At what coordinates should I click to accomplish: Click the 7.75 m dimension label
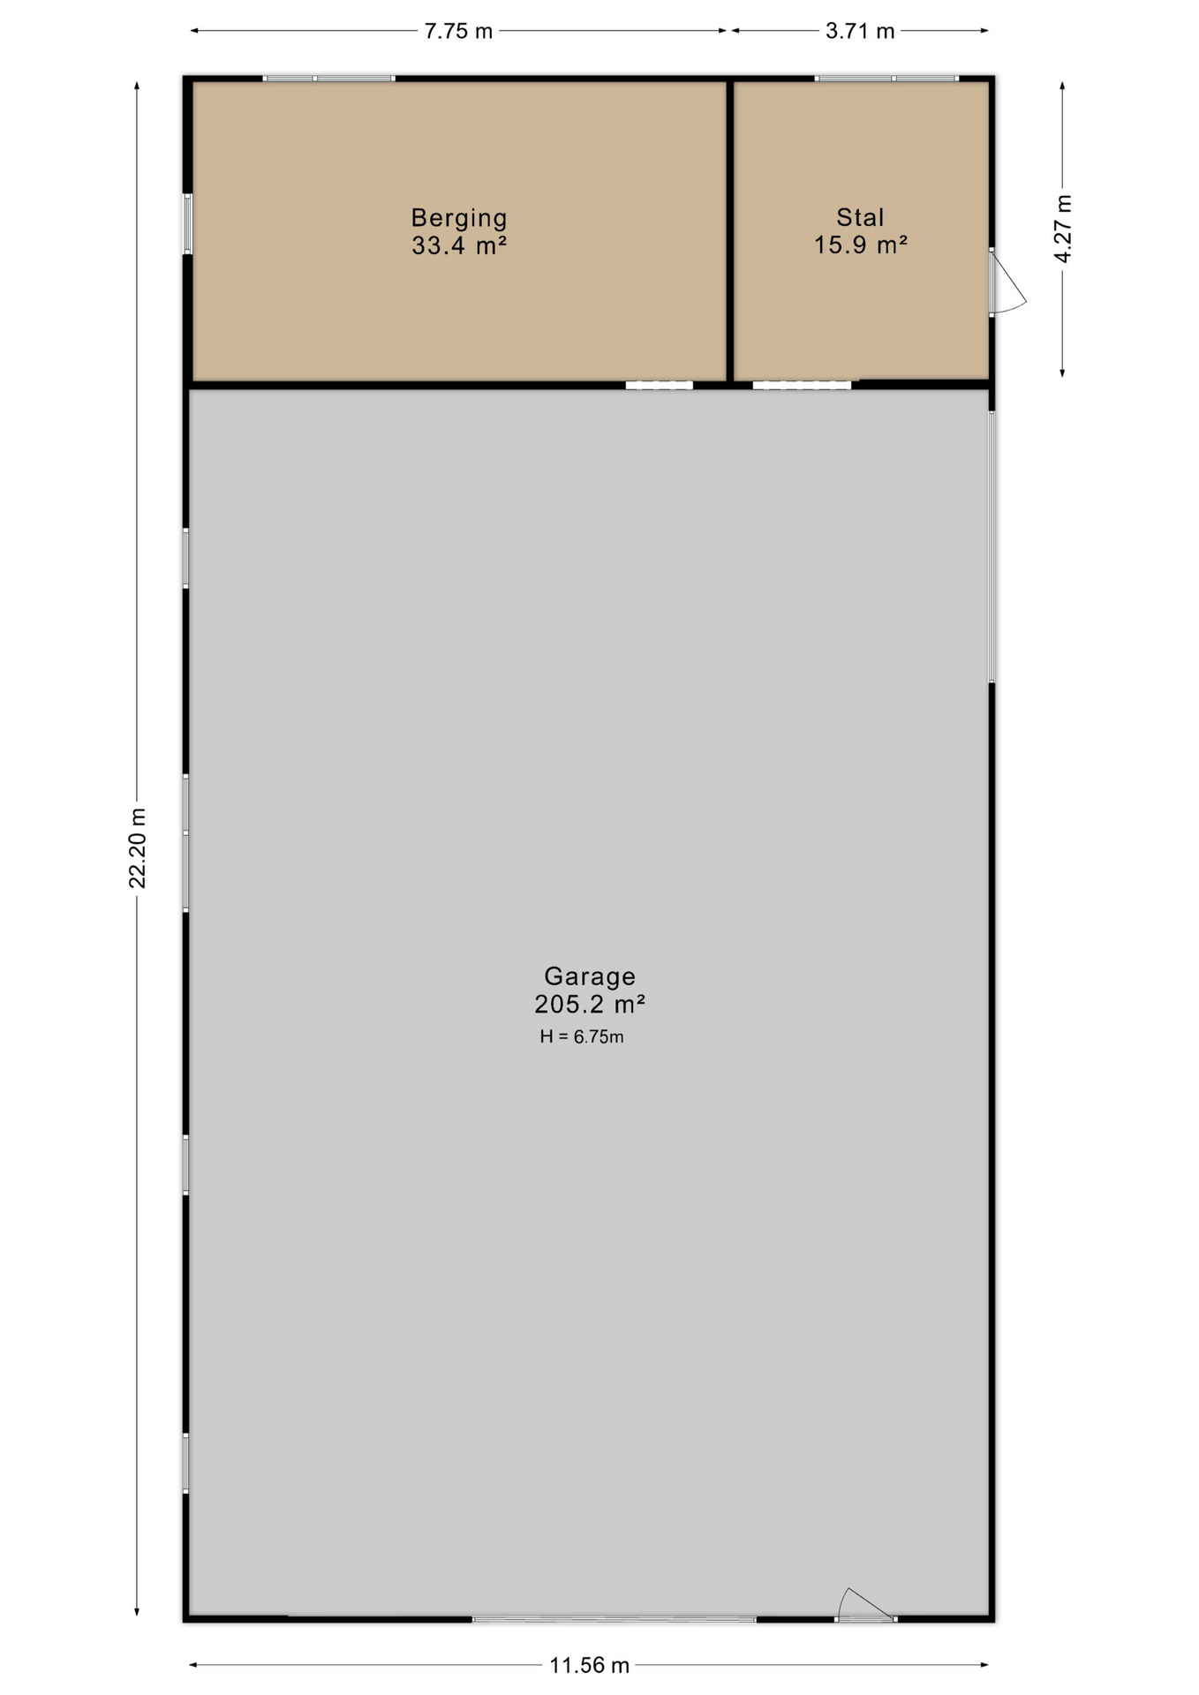pos(458,31)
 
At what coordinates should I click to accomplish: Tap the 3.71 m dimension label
pos(860,31)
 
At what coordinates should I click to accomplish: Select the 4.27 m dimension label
pos(1063,229)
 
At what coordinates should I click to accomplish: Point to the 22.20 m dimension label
pos(138,847)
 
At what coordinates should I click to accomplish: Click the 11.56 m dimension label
pos(590,1665)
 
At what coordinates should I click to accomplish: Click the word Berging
pos(459,218)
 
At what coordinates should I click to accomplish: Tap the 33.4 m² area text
pos(459,245)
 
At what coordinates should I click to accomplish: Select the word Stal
pos(861,217)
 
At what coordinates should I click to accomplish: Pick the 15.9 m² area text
pos(861,245)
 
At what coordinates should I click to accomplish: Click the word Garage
pos(590,976)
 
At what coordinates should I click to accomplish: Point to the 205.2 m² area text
pos(590,1004)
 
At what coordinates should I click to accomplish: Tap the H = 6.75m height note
pos(582,1036)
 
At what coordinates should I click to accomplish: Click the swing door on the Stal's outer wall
pos(1007,282)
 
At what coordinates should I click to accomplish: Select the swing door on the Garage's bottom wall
pos(866,1606)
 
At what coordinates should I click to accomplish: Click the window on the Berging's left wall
pos(187,223)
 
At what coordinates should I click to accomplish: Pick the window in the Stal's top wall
pos(886,79)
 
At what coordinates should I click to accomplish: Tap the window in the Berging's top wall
pos(328,79)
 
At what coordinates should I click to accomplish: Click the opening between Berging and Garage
pos(660,385)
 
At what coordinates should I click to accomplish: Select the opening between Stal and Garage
pos(802,385)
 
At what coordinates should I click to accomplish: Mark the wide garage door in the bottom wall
pos(615,1619)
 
